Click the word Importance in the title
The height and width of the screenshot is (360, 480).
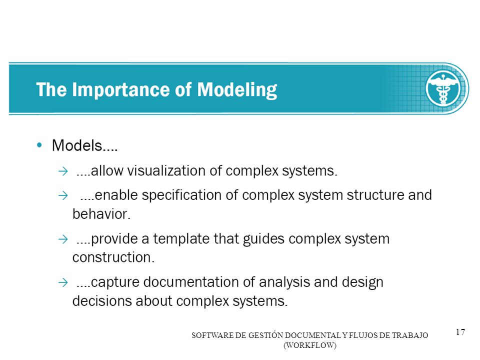point(121,89)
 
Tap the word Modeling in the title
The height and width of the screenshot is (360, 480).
point(237,90)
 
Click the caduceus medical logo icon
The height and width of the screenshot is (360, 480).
point(443,88)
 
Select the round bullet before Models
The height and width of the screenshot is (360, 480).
point(39,145)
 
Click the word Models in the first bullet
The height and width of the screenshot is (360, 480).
point(77,145)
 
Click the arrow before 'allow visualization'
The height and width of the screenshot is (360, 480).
point(63,171)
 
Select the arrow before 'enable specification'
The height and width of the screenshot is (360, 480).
point(63,195)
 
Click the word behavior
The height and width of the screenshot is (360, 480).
point(101,214)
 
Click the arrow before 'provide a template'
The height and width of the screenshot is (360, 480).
point(63,239)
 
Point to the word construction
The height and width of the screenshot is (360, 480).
point(113,257)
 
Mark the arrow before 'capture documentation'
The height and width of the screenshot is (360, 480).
point(63,282)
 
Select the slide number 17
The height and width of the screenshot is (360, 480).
point(460,332)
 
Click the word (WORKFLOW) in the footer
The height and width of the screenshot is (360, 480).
point(310,345)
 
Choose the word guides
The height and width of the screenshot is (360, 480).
point(263,239)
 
